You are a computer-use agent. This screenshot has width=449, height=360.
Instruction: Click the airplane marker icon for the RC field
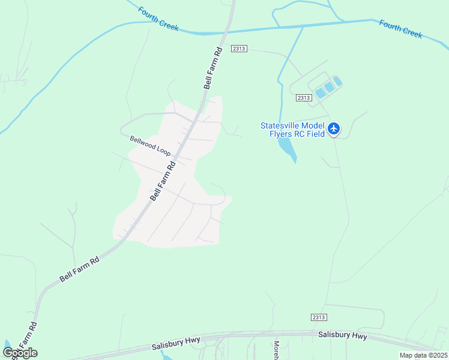coord(334,128)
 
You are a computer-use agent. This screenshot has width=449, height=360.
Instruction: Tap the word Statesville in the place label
coord(280,126)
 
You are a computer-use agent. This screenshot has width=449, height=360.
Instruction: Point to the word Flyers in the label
coord(282,134)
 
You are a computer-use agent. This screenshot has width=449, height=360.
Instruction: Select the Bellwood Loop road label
coord(150,146)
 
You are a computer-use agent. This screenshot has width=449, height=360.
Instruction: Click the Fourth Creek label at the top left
coord(158,19)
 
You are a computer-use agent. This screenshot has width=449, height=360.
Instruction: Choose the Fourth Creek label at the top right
coord(401,29)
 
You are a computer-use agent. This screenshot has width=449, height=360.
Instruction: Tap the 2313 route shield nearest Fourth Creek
coord(238,49)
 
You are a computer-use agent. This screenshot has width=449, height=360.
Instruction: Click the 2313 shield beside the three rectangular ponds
coord(304,97)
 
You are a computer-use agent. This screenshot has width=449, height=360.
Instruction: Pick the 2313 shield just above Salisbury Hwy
coord(319,317)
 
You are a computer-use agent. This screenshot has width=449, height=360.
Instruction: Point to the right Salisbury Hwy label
coord(342,336)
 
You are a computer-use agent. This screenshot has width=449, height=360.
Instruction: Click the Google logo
coord(20,353)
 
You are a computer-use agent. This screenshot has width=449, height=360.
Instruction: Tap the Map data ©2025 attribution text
coord(423,355)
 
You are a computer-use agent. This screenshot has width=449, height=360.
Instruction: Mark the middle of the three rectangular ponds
coord(329,88)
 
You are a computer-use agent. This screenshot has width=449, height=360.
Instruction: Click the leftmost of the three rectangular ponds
coord(321,93)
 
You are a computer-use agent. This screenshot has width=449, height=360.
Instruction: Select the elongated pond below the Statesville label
coord(286,147)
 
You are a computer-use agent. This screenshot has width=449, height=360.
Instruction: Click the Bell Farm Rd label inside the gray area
coord(163,181)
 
